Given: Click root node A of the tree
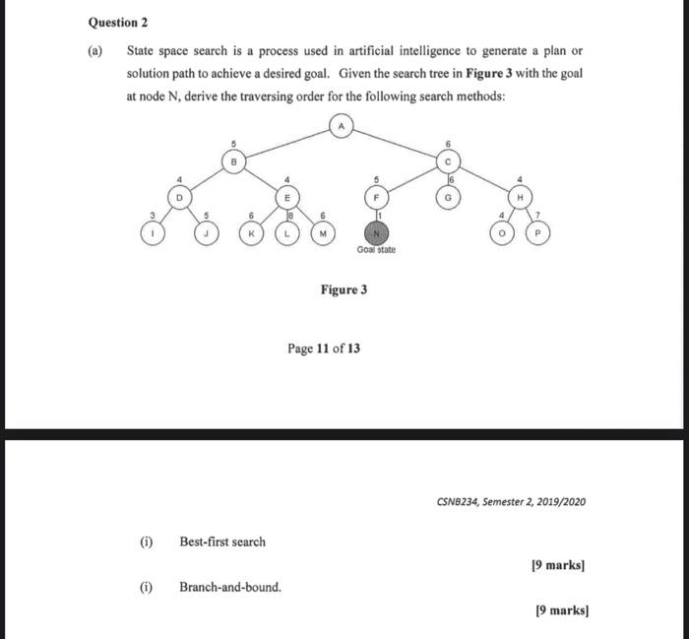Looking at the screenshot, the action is pyautogui.click(x=341, y=127).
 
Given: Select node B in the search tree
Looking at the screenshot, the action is pyautogui.click(x=233, y=162).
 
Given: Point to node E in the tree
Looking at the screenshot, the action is pyautogui.click(x=287, y=197).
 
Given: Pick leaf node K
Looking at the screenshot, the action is pyautogui.click(x=253, y=233).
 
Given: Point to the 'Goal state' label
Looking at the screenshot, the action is pyautogui.click(x=376, y=251).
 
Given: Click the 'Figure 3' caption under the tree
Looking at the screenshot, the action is pyautogui.click(x=344, y=289).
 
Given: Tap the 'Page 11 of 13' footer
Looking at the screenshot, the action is pyautogui.click(x=330, y=349).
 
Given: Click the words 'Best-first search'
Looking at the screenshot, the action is pyautogui.click(x=221, y=542).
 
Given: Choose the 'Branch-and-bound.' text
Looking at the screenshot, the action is pyautogui.click(x=229, y=588).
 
